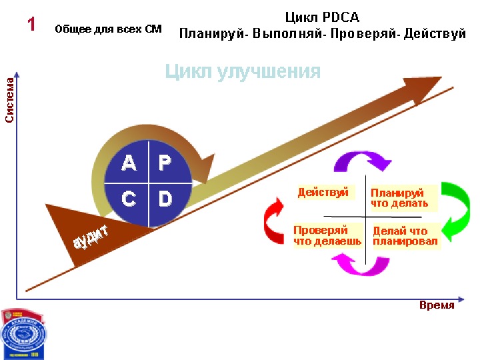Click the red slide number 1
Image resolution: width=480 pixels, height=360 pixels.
(x=31, y=25)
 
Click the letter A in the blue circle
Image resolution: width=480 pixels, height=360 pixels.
(x=129, y=163)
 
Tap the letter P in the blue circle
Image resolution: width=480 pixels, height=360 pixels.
(x=165, y=163)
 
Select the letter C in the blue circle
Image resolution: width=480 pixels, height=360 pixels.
(x=129, y=198)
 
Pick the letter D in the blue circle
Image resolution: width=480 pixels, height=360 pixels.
(x=165, y=198)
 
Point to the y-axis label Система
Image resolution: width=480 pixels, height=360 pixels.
(x=10, y=101)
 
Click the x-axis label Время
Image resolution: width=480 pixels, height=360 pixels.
(x=437, y=305)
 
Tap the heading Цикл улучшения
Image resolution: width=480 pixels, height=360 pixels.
(x=243, y=71)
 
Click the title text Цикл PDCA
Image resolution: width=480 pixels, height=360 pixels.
(x=322, y=17)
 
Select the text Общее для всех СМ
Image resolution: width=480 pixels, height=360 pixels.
(x=108, y=29)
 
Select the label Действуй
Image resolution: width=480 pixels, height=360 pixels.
(x=323, y=193)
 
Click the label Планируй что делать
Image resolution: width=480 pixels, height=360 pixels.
(x=399, y=198)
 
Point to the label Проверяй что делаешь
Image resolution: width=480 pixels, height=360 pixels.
(x=327, y=235)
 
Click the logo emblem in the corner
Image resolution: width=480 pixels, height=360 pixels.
(x=23, y=334)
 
